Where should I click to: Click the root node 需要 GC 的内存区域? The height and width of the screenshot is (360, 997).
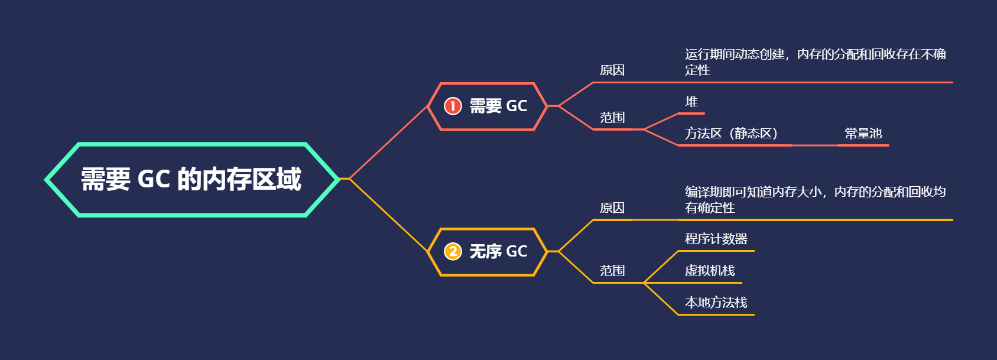tap(191, 179)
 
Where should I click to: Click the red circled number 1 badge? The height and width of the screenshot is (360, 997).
tap(453, 106)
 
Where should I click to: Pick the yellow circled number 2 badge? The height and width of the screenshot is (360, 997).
tap(453, 251)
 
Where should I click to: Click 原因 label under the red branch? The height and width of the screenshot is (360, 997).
tap(612, 70)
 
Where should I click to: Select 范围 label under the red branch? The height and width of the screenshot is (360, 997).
tap(612, 118)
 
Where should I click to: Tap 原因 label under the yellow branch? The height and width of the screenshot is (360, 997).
tap(612, 208)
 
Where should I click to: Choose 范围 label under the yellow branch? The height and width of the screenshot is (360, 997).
tap(612, 271)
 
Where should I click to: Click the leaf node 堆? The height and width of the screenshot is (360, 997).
tap(691, 102)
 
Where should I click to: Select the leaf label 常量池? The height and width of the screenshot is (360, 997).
tap(863, 134)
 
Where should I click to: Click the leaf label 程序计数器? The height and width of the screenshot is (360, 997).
tap(716, 239)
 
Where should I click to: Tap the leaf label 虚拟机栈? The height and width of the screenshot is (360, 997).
tap(709, 271)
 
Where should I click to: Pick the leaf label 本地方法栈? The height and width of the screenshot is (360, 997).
tap(716, 303)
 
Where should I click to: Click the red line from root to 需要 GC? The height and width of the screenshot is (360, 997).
tap(389, 142)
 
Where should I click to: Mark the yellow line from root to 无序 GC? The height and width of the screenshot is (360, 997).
tap(389, 215)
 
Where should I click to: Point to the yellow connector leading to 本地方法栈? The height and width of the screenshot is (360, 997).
tap(661, 299)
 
